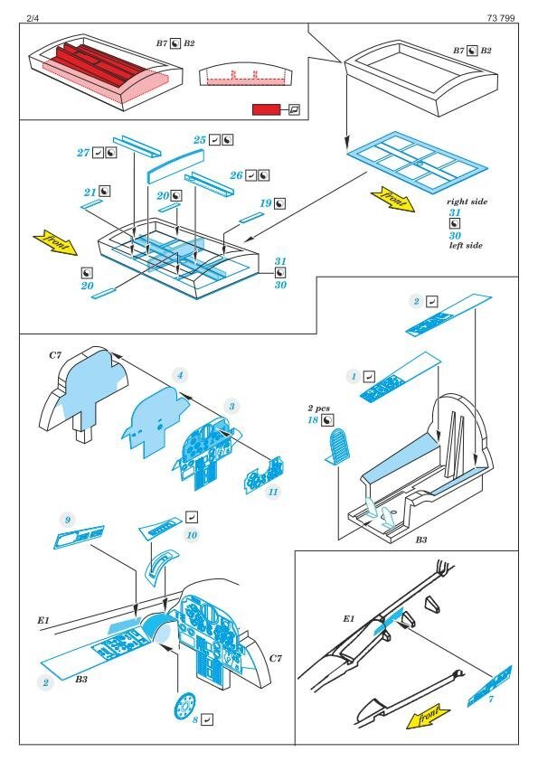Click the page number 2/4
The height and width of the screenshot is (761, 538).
[x=33, y=18]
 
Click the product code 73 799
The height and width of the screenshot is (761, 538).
[x=501, y=18]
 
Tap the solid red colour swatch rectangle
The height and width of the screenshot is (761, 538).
[x=266, y=109]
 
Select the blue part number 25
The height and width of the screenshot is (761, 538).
[x=200, y=140]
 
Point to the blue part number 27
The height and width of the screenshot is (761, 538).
[x=83, y=153]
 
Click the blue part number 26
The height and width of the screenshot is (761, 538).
[x=236, y=175]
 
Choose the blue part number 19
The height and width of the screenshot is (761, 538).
[x=265, y=203]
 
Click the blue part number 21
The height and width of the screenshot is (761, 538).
[x=90, y=193]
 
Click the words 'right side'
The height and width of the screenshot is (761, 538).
[x=467, y=202]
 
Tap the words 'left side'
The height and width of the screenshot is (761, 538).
[x=466, y=246]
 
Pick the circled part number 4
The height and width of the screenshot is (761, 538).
[x=180, y=375]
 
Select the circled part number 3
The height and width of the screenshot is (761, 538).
[x=232, y=407]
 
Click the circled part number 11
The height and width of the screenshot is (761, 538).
[x=273, y=492]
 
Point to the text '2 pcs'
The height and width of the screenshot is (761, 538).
[x=318, y=409]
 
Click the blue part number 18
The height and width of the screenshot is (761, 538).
[x=313, y=420]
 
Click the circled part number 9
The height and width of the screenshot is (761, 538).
[x=68, y=521]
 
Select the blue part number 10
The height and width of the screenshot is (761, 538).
[x=192, y=535]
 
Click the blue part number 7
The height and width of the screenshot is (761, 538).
[x=491, y=699]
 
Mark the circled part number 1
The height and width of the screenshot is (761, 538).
[x=354, y=376]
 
